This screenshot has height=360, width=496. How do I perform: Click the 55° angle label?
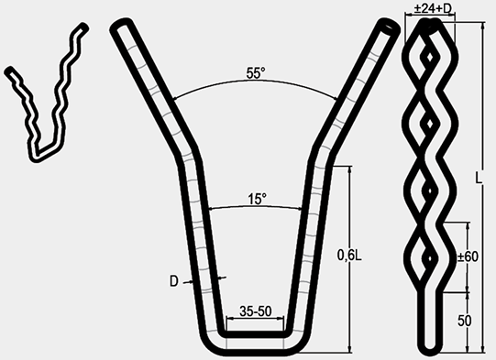(x=256, y=73)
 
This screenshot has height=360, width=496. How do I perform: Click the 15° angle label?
(x=257, y=199)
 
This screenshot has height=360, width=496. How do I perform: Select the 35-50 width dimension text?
(x=256, y=311)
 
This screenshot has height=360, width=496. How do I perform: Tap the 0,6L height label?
(x=349, y=255)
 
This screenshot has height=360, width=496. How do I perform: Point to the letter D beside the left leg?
(x=174, y=281)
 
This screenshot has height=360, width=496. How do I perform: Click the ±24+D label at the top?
(x=432, y=8)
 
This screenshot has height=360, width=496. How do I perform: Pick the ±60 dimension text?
(x=468, y=256)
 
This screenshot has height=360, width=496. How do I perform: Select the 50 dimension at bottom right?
(x=464, y=321)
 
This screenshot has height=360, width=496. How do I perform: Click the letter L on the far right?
(x=479, y=178)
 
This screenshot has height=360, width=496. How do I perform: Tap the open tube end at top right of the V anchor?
(x=389, y=27)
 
